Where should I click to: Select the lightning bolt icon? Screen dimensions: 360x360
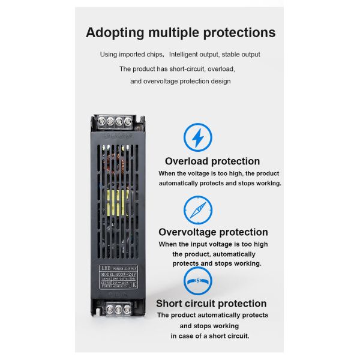(197, 137)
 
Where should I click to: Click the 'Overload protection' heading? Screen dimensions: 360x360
(212, 161)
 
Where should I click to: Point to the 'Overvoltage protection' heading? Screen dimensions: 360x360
(213, 232)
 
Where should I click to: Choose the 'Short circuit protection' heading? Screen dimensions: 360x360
(211, 304)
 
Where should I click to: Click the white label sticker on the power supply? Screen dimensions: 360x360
(119, 278)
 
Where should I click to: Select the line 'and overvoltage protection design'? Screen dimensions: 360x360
(181, 81)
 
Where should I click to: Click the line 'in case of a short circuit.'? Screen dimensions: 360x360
(209, 336)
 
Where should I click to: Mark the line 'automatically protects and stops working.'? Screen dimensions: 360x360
(220, 183)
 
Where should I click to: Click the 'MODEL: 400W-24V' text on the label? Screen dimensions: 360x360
(119, 273)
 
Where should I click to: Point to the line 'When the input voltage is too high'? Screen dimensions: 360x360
(213, 244)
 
